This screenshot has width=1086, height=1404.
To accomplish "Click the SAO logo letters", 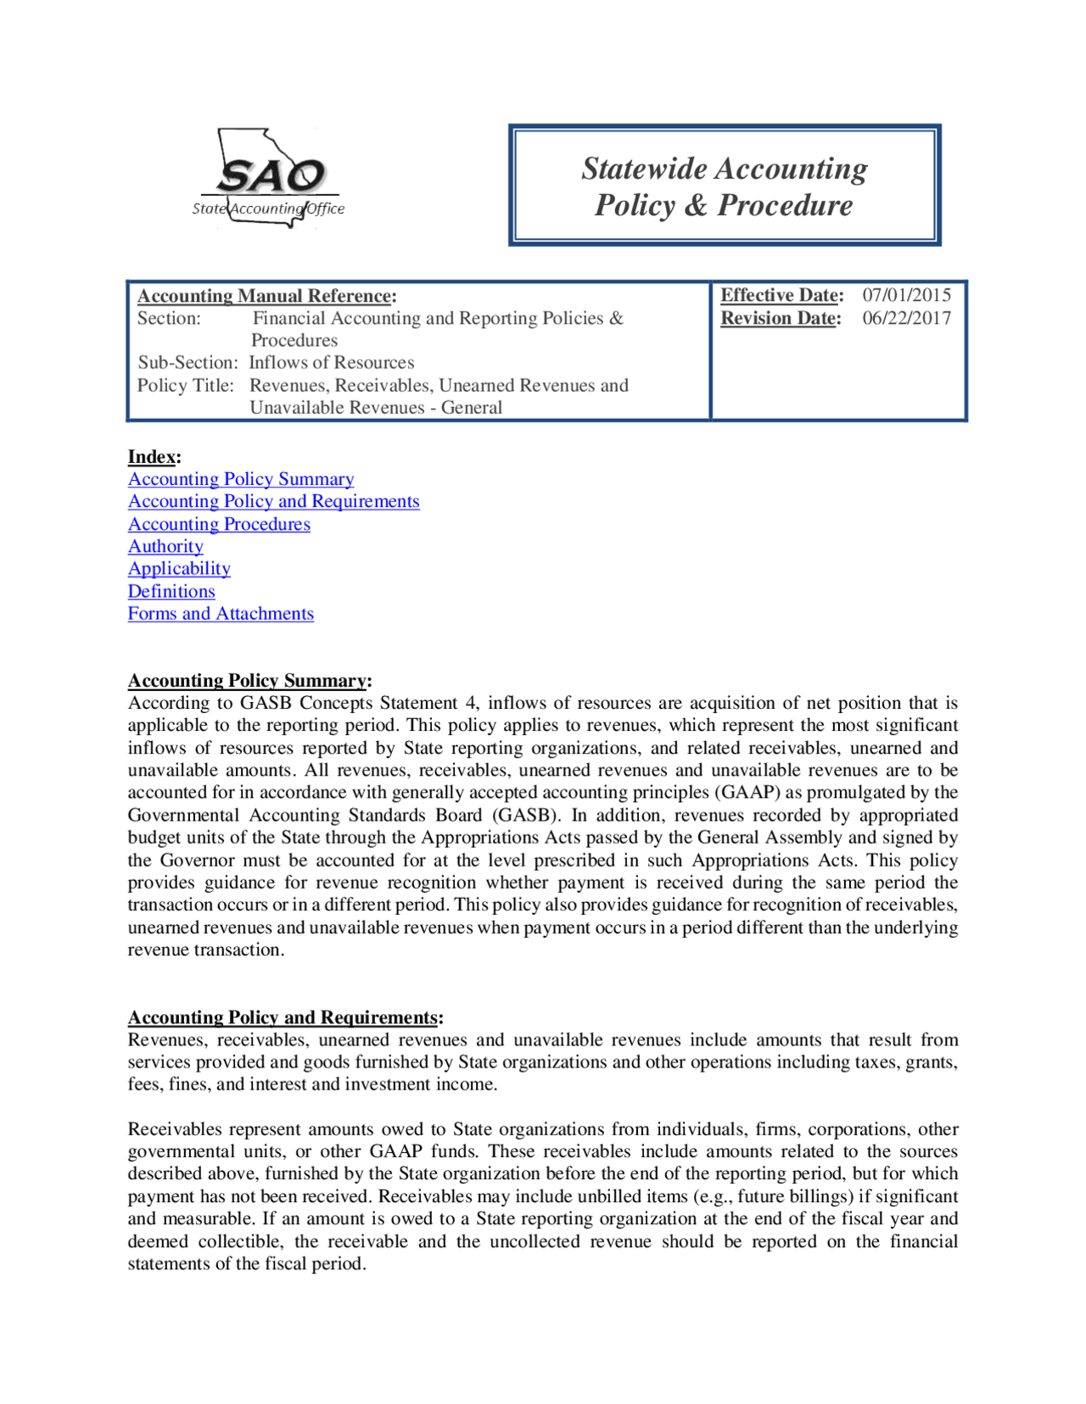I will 271,176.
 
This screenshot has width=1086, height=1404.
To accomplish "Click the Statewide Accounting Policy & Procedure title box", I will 725,186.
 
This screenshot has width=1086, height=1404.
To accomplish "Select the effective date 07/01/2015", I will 906,295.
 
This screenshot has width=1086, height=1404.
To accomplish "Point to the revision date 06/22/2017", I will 906,318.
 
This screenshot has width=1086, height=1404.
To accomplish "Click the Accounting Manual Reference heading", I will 266,296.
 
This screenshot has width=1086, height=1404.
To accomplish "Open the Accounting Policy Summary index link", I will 241,479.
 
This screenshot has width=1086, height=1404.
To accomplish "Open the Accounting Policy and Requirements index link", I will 273,501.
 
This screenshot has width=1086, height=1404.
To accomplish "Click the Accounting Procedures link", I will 219,524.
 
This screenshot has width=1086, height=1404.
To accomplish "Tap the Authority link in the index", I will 165,546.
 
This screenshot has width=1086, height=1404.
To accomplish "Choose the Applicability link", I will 179,568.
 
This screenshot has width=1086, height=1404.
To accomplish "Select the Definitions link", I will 171,591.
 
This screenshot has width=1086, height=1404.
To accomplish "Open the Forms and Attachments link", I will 221,613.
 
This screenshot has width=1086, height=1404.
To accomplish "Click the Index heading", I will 154,457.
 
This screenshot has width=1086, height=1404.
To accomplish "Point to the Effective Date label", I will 781,295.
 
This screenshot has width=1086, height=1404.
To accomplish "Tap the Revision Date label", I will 781,318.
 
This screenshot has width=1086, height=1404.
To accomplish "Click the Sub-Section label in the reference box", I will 188,362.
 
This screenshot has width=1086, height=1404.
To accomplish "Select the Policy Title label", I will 185,385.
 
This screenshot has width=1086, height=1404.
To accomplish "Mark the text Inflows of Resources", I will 331,362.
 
